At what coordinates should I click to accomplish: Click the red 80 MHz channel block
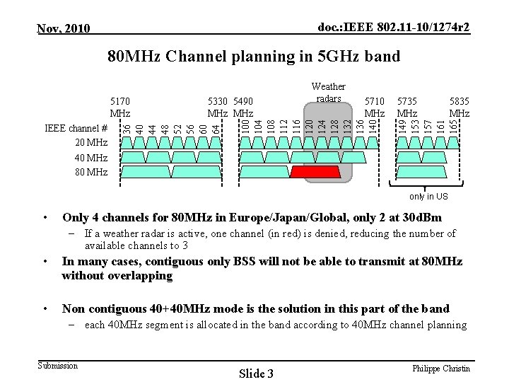tap(319, 172)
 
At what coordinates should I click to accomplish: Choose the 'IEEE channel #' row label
tap(76, 129)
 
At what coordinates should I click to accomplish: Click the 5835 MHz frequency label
tap(460, 107)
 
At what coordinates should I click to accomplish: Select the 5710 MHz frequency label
tap(373, 107)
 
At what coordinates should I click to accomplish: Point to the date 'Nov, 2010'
tap(64, 28)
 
